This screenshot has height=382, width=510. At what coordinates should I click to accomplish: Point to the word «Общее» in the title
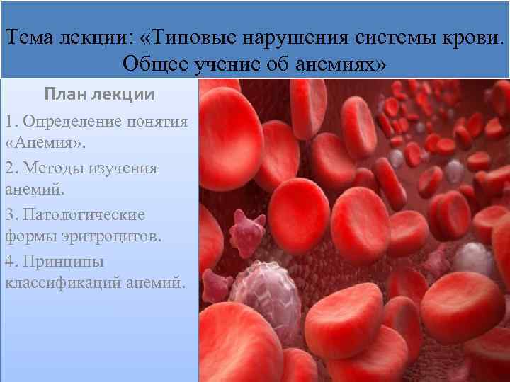pyautogui.click(x=153, y=64)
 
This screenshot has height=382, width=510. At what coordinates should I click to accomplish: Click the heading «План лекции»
pyautogui.click(x=99, y=94)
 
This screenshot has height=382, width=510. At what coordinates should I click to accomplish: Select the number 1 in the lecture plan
pyautogui.click(x=8, y=121)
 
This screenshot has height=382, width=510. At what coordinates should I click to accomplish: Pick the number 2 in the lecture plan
pyautogui.click(x=8, y=168)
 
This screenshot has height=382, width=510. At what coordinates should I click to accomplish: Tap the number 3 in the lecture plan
pyautogui.click(x=8, y=214)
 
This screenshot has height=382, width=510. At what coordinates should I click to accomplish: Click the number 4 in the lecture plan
pyautogui.click(x=8, y=261)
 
